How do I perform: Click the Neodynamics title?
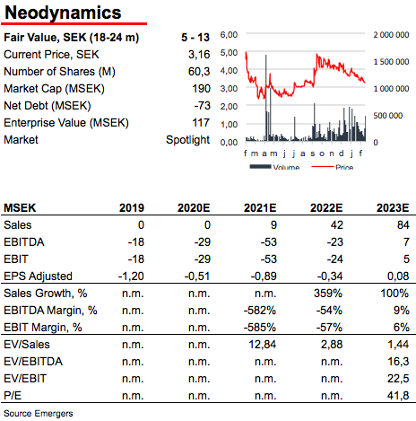(63, 13)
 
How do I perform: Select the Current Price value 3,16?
(199, 55)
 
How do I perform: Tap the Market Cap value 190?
(201, 89)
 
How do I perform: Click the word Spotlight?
(188, 140)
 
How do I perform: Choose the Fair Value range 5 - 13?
(195, 38)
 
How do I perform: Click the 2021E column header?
(260, 207)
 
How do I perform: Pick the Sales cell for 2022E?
(336, 225)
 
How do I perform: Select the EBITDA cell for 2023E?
(406, 241)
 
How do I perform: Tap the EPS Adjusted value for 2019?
(131, 276)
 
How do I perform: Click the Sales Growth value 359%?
(328, 294)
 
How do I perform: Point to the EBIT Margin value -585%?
(260, 328)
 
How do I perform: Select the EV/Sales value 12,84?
(263, 345)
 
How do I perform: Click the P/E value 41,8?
(398, 396)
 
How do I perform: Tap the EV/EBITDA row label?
(33, 362)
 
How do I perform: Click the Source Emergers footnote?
(39, 414)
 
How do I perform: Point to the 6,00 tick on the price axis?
(229, 35)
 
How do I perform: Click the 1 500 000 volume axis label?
(391, 62)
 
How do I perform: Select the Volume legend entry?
(274, 167)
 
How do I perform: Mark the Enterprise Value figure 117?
(201, 123)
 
